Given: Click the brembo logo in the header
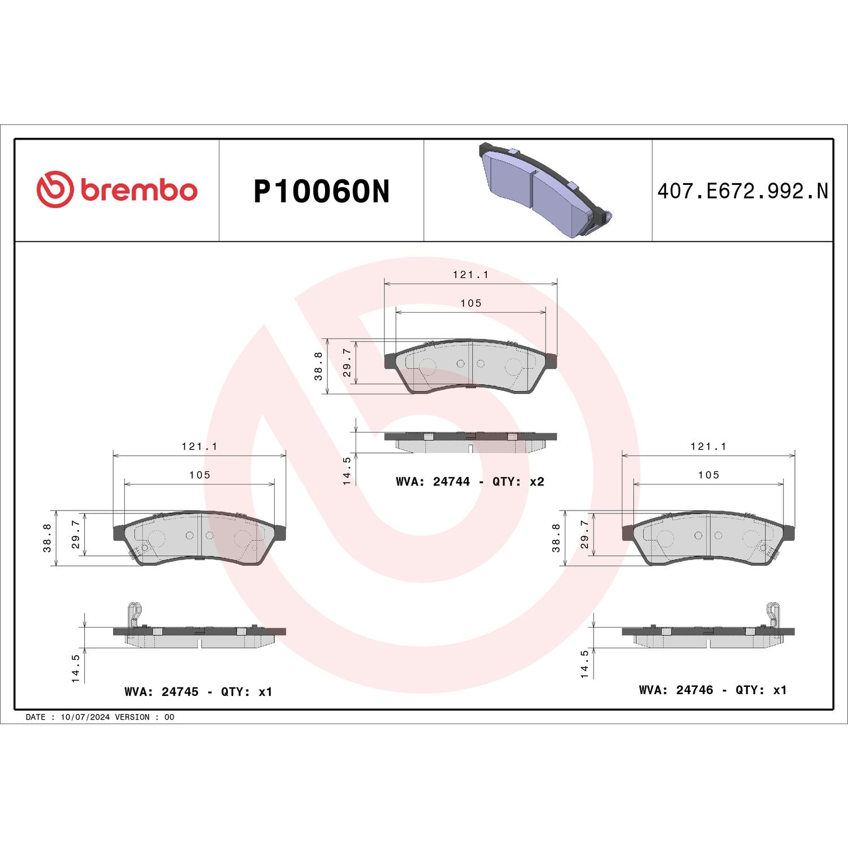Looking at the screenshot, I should point(117,189).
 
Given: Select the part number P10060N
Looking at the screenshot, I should point(321,192).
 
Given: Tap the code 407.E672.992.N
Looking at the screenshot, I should point(742,191).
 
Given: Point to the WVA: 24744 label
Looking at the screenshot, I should point(432,482).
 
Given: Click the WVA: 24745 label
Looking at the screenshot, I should point(161,692).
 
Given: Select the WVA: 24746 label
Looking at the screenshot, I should point(676,690).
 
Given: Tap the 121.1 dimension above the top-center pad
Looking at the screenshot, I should point(470,274).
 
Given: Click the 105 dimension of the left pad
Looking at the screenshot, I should point(200,475).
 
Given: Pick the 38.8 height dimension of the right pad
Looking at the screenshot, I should point(556,538).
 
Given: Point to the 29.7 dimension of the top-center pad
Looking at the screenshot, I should point(347,362).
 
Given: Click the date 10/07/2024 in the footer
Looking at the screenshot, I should point(85,717).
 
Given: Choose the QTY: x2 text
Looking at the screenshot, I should point(518,482).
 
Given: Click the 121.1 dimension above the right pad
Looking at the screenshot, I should point(708,446).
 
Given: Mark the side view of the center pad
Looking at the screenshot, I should point(470,442).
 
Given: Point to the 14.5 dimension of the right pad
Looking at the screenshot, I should point(585,664).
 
